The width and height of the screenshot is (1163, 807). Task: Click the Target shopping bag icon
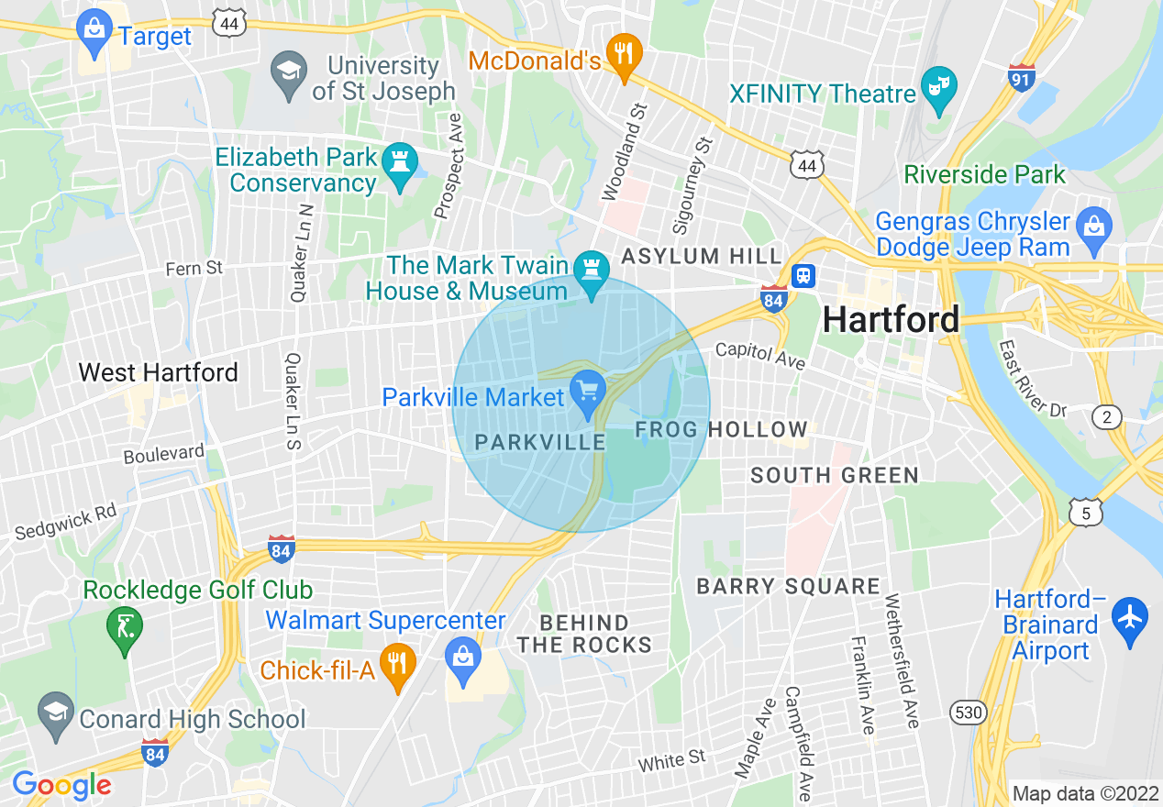[x=94, y=28]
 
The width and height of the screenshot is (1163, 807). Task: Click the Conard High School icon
[x=56, y=713]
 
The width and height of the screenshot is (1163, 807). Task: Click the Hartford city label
[x=891, y=319]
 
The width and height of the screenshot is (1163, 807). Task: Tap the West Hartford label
[x=158, y=372]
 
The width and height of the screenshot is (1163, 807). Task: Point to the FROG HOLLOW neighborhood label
[x=721, y=429]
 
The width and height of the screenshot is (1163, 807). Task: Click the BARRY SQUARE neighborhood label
[x=788, y=586]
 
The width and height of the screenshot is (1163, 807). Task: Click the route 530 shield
[x=967, y=712]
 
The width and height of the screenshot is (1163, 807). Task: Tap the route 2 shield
[x=1107, y=417]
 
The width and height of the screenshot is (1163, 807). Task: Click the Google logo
[x=61, y=785]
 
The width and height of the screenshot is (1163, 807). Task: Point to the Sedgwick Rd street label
[x=66, y=521]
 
